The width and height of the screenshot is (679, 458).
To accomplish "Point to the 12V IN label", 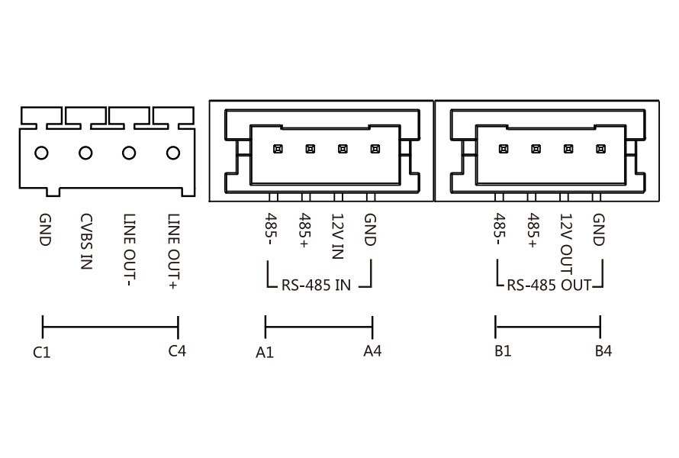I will tap(338, 234).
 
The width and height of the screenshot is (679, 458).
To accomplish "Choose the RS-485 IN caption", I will tap(317, 287).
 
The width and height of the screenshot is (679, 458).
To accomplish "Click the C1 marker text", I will tap(42, 353).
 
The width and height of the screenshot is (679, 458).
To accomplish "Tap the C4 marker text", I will tap(177, 351).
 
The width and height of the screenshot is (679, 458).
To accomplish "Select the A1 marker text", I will tap(265, 353).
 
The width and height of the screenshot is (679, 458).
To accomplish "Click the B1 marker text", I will tap(502, 351).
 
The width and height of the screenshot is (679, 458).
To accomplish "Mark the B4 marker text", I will tap(603, 351).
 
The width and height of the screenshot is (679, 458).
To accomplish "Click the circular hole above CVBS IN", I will tap(85, 153).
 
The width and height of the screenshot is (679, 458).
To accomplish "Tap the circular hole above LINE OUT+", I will tap(173, 153).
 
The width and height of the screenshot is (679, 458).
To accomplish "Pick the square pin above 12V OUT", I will tap(568, 149).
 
